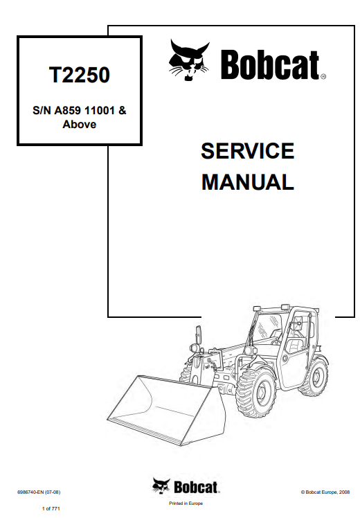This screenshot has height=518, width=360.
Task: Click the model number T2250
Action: [79, 75]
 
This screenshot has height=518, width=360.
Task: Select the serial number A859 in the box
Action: [68, 110]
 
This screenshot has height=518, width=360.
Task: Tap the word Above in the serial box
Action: [79, 125]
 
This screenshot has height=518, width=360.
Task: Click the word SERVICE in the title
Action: [247, 151]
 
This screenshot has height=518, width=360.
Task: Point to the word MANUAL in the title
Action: [248, 182]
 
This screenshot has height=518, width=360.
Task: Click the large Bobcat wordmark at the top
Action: [270, 65]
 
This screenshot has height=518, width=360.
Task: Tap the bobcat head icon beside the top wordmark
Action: [189, 60]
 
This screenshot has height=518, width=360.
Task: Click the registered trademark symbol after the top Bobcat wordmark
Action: [323, 77]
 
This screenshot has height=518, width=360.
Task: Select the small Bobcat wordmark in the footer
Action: [195, 488]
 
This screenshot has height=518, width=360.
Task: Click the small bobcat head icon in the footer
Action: [161, 486]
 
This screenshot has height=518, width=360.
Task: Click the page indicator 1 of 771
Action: [51, 509]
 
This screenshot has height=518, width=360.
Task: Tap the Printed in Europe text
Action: [186, 503]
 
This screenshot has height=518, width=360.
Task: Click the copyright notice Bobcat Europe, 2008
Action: [325, 492]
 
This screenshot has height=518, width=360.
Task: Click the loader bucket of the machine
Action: [165, 410]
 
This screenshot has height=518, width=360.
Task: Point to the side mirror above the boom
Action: [199, 334]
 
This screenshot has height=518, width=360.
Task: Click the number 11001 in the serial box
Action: [100, 110]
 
